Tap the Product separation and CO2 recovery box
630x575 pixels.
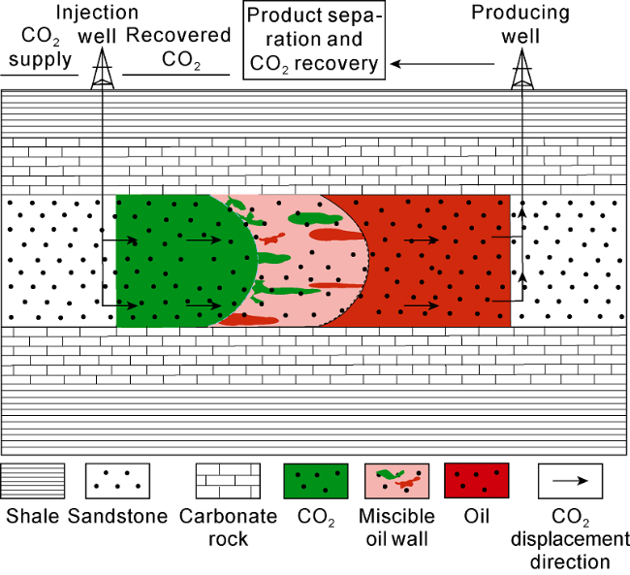click(x=314, y=40)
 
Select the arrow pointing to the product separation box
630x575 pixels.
click(x=442, y=64)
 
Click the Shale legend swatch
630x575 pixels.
click(x=33, y=481)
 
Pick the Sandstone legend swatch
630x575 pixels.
click(x=117, y=481)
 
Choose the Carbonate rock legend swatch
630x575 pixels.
click(x=228, y=481)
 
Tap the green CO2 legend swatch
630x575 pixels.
click(x=316, y=481)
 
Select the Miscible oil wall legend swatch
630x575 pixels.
click(x=397, y=481)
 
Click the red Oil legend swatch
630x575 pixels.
click(x=477, y=481)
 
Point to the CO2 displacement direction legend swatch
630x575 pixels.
click(x=571, y=481)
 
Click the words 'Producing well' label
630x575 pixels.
click(x=520, y=24)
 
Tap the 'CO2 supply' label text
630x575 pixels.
click(x=40, y=48)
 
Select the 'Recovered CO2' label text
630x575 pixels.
click(x=178, y=48)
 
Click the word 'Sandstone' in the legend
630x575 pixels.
click(x=117, y=516)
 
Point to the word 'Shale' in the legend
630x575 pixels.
click(x=33, y=516)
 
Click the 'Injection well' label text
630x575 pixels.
click(x=97, y=24)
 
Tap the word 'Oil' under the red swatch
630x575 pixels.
click(x=477, y=516)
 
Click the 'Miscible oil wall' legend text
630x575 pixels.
click(x=396, y=527)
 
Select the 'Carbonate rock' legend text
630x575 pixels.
click(x=228, y=527)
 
